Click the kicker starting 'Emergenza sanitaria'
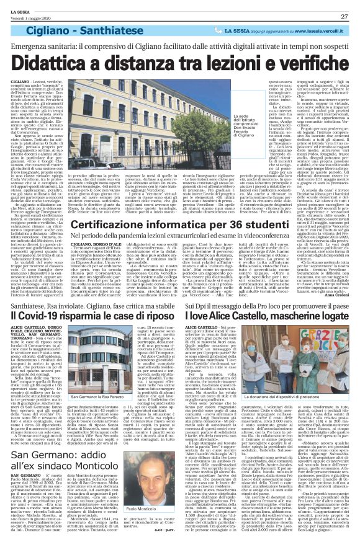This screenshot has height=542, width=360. [x=179, y=47]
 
